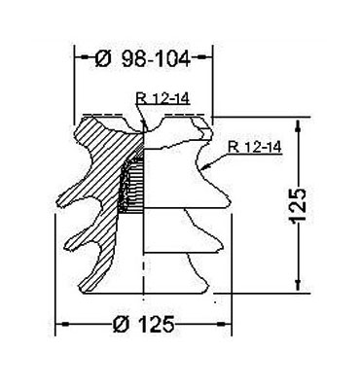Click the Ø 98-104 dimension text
pyautogui.click(x=143, y=58)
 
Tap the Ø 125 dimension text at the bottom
pyautogui.click(x=144, y=324)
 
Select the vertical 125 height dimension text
pyautogui.click(x=298, y=206)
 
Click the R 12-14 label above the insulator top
pyautogui.click(x=163, y=98)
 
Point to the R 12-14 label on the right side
pyautogui.click(x=255, y=147)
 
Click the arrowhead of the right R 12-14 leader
pyautogui.click(x=205, y=167)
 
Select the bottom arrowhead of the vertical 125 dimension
pyautogui.click(x=298, y=284)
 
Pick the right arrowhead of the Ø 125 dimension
pyautogui.click(x=224, y=324)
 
